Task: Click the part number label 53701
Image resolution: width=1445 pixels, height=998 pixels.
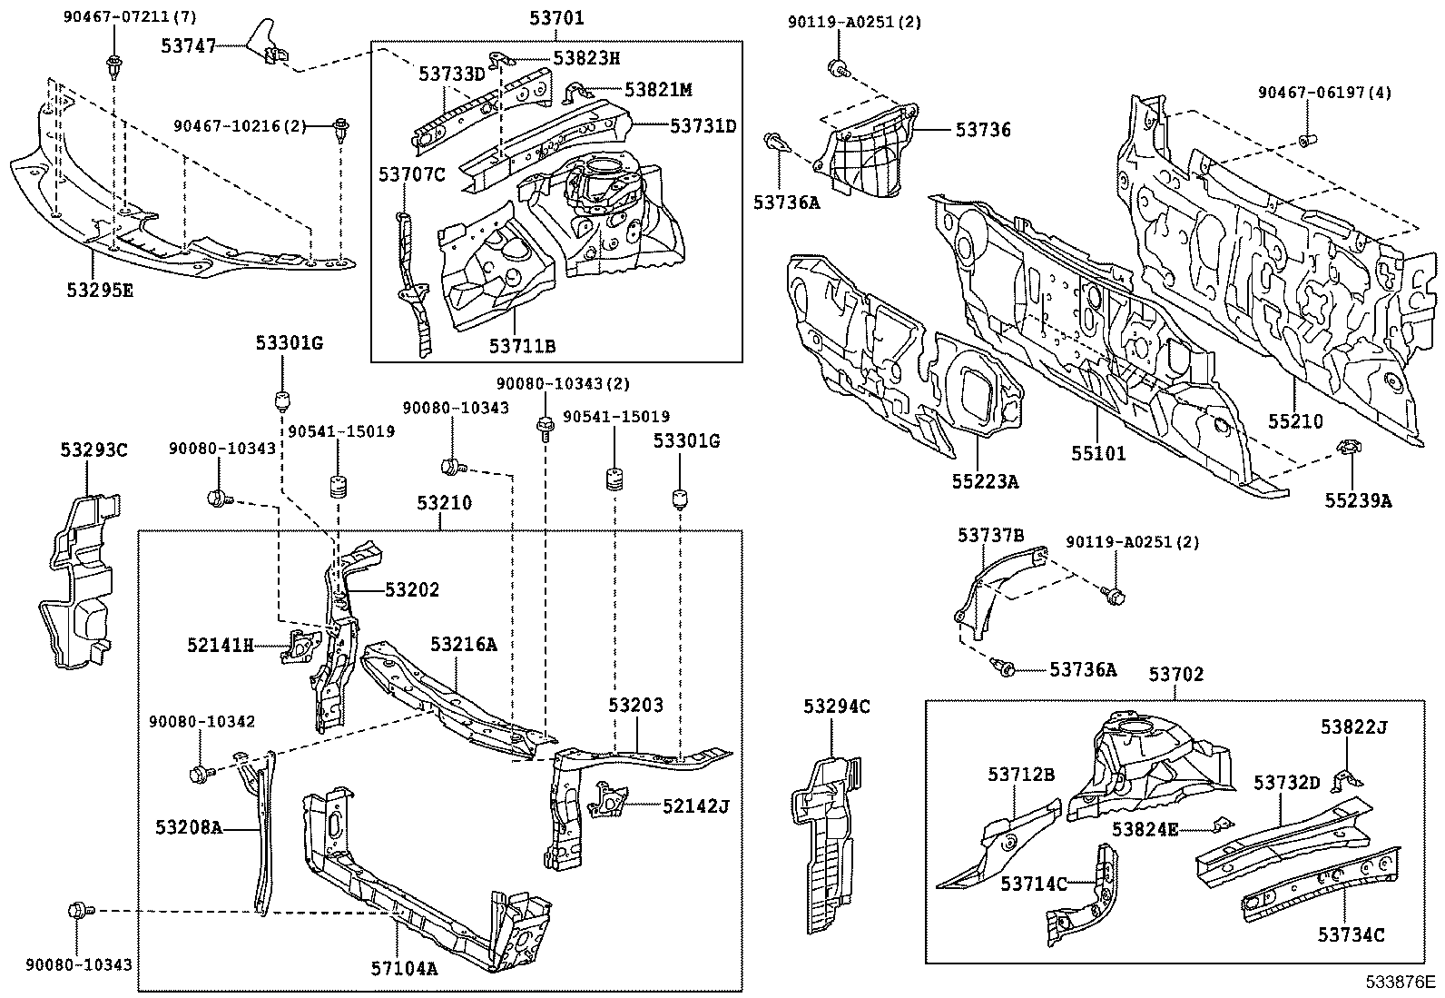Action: (555, 18)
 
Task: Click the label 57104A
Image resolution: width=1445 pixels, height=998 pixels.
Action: (404, 968)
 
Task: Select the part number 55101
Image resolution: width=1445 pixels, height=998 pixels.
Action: (1098, 453)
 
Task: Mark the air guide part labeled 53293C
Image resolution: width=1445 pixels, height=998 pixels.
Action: (80, 581)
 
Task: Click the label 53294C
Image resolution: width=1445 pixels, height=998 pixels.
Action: (836, 706)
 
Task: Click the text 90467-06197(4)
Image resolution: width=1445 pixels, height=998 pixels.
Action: (1324, 93)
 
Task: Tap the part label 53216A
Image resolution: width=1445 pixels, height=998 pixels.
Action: (463, 644)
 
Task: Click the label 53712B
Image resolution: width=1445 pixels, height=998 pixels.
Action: (1021, 774)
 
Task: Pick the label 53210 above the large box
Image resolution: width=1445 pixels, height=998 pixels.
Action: (444, 503)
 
